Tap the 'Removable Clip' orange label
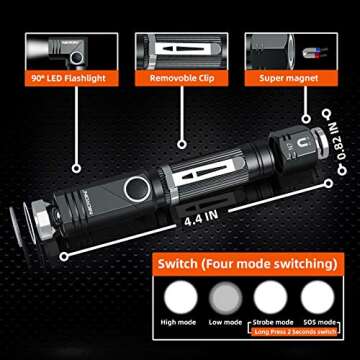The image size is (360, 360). (x=179, y=75)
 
